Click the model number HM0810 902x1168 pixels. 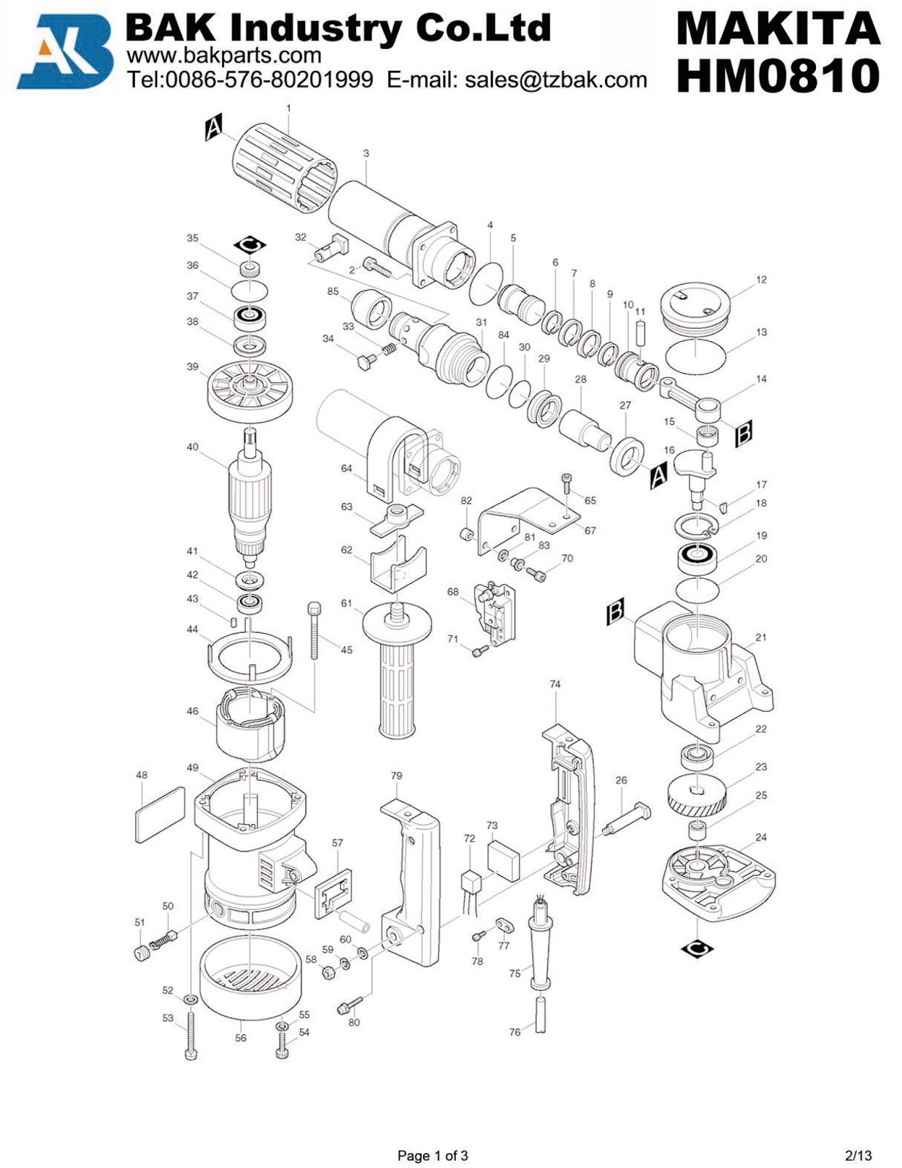(778, 76)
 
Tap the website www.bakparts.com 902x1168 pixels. (224, 55)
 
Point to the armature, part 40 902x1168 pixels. (250, 496)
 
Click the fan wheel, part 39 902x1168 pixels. (250, 392)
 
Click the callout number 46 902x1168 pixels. (192, 711)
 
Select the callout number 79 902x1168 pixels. (396, 775)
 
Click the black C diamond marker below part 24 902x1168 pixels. (697, 948)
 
